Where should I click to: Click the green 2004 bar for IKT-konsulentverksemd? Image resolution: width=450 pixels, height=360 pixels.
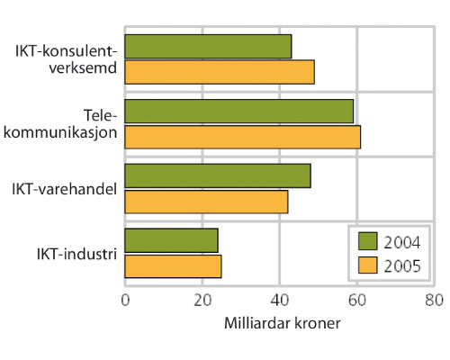click(x=208, y=47)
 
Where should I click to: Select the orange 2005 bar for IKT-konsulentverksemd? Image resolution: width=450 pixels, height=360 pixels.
click(x=220, y=72)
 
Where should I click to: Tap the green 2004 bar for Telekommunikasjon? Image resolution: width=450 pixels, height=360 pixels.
click(x=238, y=111)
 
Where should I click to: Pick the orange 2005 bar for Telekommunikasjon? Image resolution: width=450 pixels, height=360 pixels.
click(x=242, y=136)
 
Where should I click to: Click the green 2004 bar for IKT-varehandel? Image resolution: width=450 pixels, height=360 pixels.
click(x=218, y=175)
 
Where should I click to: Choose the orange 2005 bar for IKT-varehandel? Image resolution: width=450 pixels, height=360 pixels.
click(x=206, y=201)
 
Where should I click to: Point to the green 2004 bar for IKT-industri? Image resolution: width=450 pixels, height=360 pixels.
click(x=171, y=240)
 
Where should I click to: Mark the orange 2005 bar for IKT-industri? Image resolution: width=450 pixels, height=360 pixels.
click(x=173, y=265)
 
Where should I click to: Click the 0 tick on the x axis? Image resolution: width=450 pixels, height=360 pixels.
click(x=125, y=300)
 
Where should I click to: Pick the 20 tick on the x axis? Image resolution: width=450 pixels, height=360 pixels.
click(x=202, y=300)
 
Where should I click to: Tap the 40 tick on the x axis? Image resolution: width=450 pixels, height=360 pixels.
click(x=280, y=300)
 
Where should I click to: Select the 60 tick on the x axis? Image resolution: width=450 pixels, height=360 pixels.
click(x=357, y=300)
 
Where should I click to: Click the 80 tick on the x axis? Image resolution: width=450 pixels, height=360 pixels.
click(x=434, y=300)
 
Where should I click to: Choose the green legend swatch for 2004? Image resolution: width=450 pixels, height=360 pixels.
click(x=366, y=241)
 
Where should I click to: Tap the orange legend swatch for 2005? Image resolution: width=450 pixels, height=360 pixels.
click(x=366, y=265)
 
